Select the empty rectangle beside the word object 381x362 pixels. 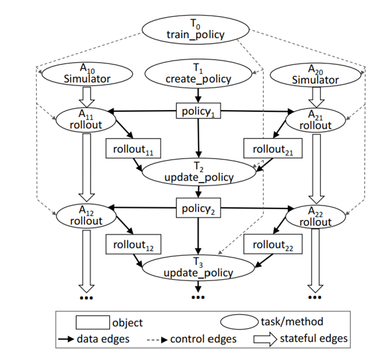[92, 322]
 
